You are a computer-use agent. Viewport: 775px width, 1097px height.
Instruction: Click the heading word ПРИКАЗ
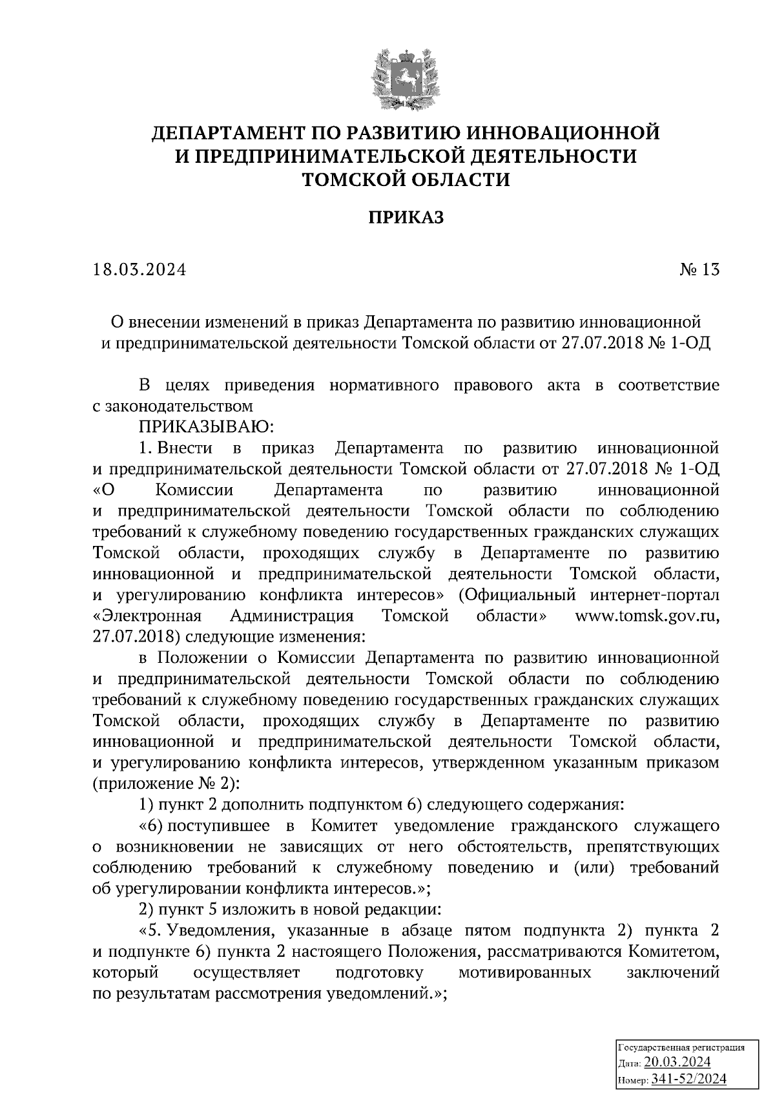[406, 218]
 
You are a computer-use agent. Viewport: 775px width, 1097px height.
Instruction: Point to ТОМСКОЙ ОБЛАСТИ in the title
[406, 179]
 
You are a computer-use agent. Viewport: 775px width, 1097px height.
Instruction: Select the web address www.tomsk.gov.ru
[646, 616]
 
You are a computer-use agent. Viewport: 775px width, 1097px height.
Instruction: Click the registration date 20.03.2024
[677, 1062]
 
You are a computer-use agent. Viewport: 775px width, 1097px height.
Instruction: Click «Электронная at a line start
[147, 616]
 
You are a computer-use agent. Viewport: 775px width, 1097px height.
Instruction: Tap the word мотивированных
[524, 973]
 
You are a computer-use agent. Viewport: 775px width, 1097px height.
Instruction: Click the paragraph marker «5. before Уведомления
[152, 931]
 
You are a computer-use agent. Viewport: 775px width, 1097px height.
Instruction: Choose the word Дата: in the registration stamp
[630, 1063]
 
